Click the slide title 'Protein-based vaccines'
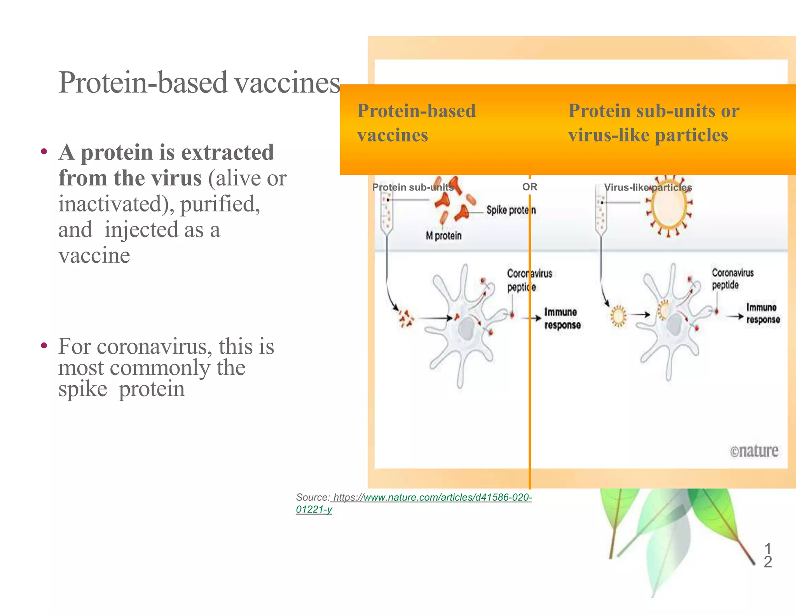point(199,82)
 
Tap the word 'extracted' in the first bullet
point(227,152)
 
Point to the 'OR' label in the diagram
point(529,187)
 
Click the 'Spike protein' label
point(511,210)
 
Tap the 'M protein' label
point(443,236)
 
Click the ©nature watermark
point(754,451)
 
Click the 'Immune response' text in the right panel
point(763,313)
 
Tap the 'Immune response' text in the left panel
point(562,318)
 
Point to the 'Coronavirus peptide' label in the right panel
point(732,279)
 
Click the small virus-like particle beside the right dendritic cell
point(618,316)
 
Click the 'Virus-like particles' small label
point(648,187)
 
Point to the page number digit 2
point(768,562)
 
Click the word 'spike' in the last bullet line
point(83,389)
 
